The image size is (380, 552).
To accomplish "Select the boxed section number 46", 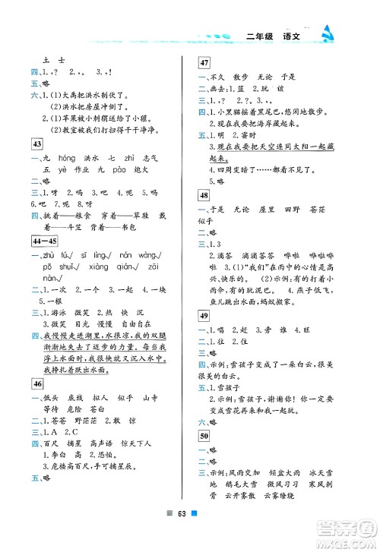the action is click(x=36, y=383).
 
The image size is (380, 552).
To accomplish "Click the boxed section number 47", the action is click(x=205, y=63).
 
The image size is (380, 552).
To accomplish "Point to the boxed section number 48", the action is click(x=205, y=194).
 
